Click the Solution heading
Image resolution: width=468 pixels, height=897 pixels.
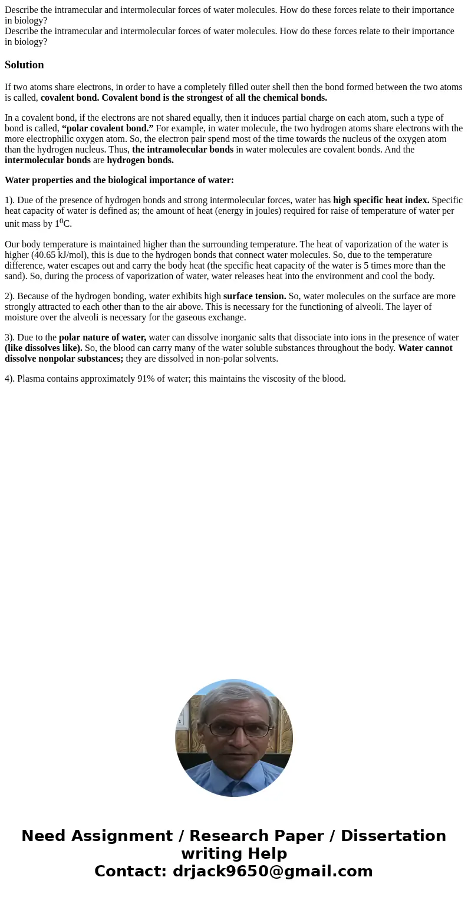pos(24,65)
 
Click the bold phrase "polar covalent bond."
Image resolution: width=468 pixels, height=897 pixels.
pos(108,128)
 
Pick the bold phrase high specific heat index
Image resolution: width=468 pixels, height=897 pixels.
pos(381,200)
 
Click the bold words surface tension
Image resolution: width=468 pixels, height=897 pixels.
pos(255,296)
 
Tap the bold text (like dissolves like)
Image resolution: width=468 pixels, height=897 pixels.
pos(44,348)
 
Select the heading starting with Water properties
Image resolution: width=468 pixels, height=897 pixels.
pos(119,180)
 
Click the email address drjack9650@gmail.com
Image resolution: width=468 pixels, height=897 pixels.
pos(272,871)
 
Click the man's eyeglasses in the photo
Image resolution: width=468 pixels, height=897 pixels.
pos(234,729)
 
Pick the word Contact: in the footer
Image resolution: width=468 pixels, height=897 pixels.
pos(130,871)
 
